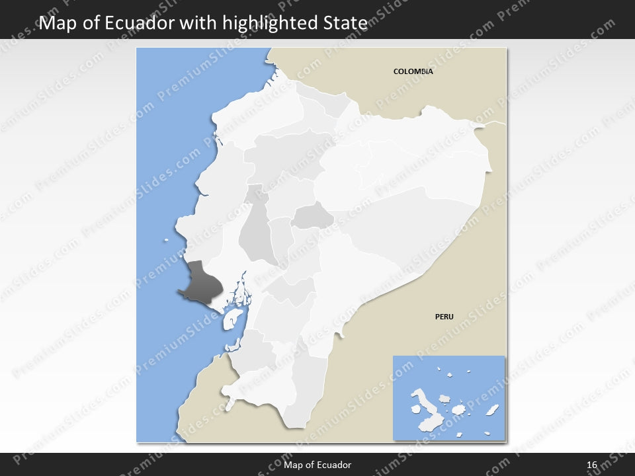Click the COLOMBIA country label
click(413, 71)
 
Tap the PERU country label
click(444, 317)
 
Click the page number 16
click(592, 465)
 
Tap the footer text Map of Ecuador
click(317, 465)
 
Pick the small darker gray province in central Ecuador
click(313, 216)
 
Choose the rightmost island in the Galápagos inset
click(492, 411)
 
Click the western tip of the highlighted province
click(179, 290)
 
